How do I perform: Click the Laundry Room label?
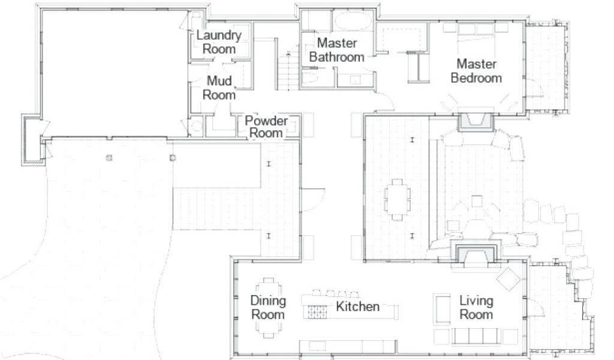tap(218, 42)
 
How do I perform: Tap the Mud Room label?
tap(219, 88)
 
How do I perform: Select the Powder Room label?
tap(266, 127)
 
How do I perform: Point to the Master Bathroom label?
tap(337, 50)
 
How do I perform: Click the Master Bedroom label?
tap(476, 71)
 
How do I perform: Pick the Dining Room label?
tap(268, 308)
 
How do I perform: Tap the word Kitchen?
tap(357, 307)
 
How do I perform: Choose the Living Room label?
tap(476, 308)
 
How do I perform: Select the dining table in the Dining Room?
tap(268, 308)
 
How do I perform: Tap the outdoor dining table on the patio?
tap(398, 199)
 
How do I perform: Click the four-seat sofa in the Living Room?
tap(476, 336)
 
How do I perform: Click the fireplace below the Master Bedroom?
tap(475, 121)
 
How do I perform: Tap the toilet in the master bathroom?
tap(310, 77)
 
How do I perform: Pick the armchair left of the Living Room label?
tap(442, 309)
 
